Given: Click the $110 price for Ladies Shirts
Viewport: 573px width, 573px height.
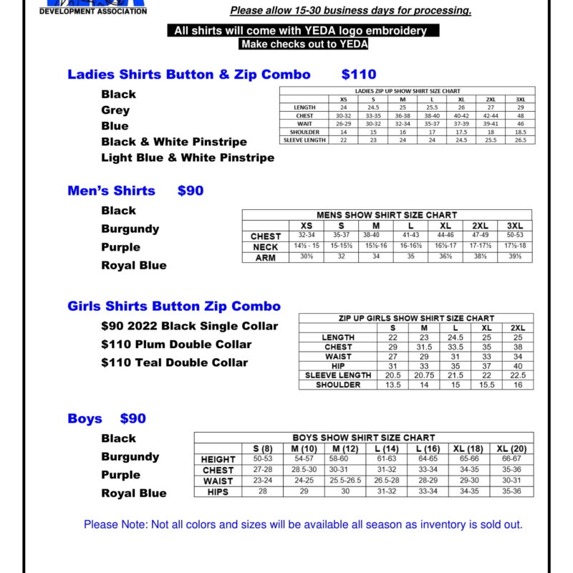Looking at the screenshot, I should [x=359, y=74].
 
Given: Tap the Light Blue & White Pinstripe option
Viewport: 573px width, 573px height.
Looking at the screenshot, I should [x=188, y=158].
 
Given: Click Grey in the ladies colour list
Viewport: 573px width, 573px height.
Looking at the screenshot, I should [x=115, y=110].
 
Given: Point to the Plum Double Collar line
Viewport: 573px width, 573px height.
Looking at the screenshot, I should [x=176, y=345].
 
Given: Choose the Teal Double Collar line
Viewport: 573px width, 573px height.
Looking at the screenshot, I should [x=175, y=362].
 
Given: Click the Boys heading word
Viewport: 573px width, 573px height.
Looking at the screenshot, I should [x=85, y=418].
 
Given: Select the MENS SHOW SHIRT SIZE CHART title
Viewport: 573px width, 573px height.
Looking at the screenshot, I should [x=387, y=215].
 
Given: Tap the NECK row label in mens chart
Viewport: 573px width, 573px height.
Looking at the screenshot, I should [x=265, y=247].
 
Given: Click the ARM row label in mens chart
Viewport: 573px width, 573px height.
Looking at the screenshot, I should [x=265, y=258].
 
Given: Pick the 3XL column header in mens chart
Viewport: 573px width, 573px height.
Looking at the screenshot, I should [x=514, y=226].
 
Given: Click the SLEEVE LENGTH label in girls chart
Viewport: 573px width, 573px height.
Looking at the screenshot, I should [x=338, y=375].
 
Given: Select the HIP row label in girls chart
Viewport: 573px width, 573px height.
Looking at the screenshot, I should [x=338, y=366].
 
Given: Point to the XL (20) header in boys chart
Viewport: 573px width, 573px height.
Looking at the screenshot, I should [x=511, y=448].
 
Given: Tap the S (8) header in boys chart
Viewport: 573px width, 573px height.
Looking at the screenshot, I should [x=263, y=448].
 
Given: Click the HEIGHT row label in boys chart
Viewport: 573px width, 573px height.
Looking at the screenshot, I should [x=218, y=459].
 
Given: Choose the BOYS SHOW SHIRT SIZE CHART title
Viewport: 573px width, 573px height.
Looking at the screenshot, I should [x=363, y=438].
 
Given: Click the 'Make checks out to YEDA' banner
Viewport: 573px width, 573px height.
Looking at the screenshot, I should [x=304, y=44].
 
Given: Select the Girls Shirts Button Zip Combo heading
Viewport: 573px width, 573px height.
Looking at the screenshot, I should [x=174, y=307].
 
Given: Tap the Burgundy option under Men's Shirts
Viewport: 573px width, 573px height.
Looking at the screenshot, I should [x=130, y=229].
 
